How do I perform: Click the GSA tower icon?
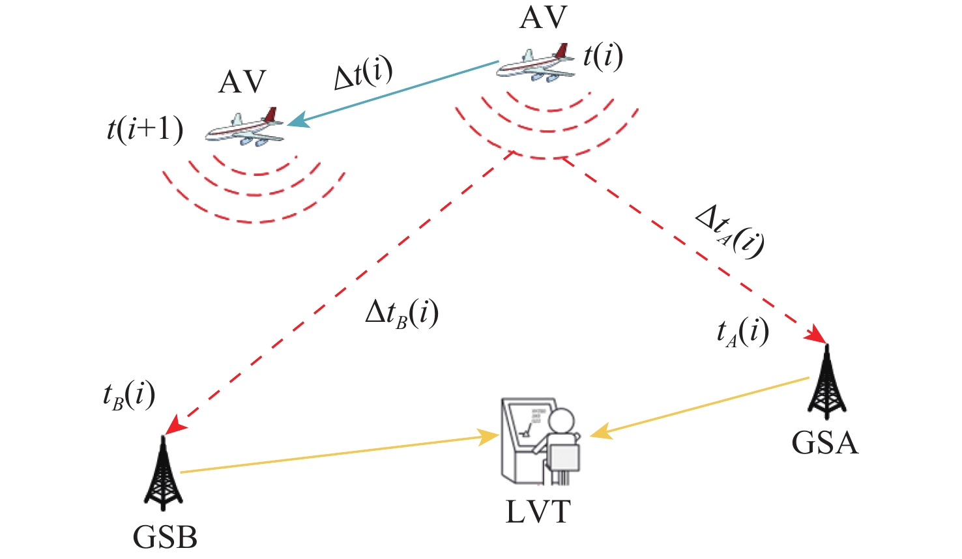coord(826,381)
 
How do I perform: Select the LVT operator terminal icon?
coord(541,442)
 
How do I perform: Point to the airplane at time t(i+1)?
coord(245,126)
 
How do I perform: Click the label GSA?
coord(825,443)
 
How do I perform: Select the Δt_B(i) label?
coord(402,314)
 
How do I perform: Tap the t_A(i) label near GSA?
coord(742,333)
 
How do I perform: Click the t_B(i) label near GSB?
coord(129,397)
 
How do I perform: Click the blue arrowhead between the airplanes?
coord(299,119)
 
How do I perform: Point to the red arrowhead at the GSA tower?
coord(816,334)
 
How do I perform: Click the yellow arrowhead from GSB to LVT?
coord(488,437)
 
